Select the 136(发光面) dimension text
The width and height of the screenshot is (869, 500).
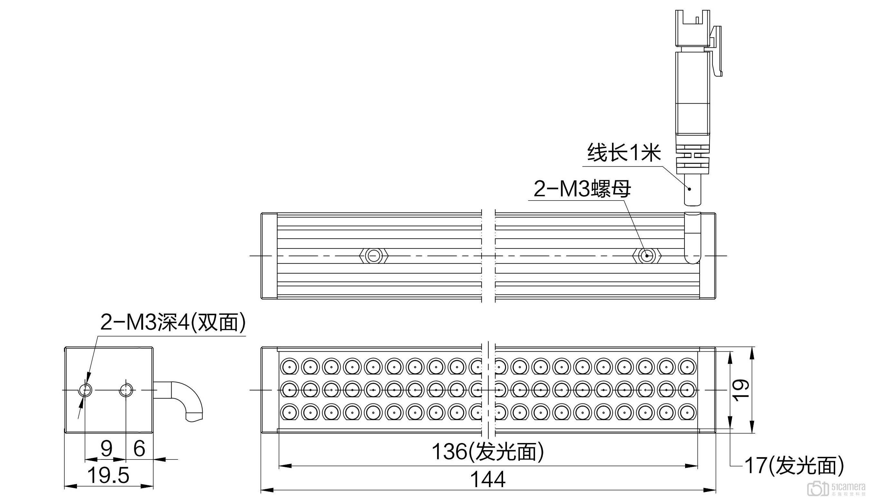pos(488,452)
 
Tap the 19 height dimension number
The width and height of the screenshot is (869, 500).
pos(741,390)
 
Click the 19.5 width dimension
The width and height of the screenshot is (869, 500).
pos(109,475)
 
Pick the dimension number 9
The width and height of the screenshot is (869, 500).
pos(107,448)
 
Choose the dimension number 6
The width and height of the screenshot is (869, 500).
pos(139,448)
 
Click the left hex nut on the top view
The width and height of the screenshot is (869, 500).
pos(374,256)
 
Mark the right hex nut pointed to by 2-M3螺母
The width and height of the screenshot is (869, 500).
pos(647,256)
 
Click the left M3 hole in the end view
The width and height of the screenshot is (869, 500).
pos(85,390)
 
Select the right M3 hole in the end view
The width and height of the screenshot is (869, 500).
pos(126,390)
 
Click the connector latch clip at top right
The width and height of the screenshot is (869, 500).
pos(717,52)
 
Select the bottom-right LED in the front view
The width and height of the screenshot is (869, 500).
pos(687,412)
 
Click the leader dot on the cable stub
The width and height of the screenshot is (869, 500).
pos(689,189)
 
